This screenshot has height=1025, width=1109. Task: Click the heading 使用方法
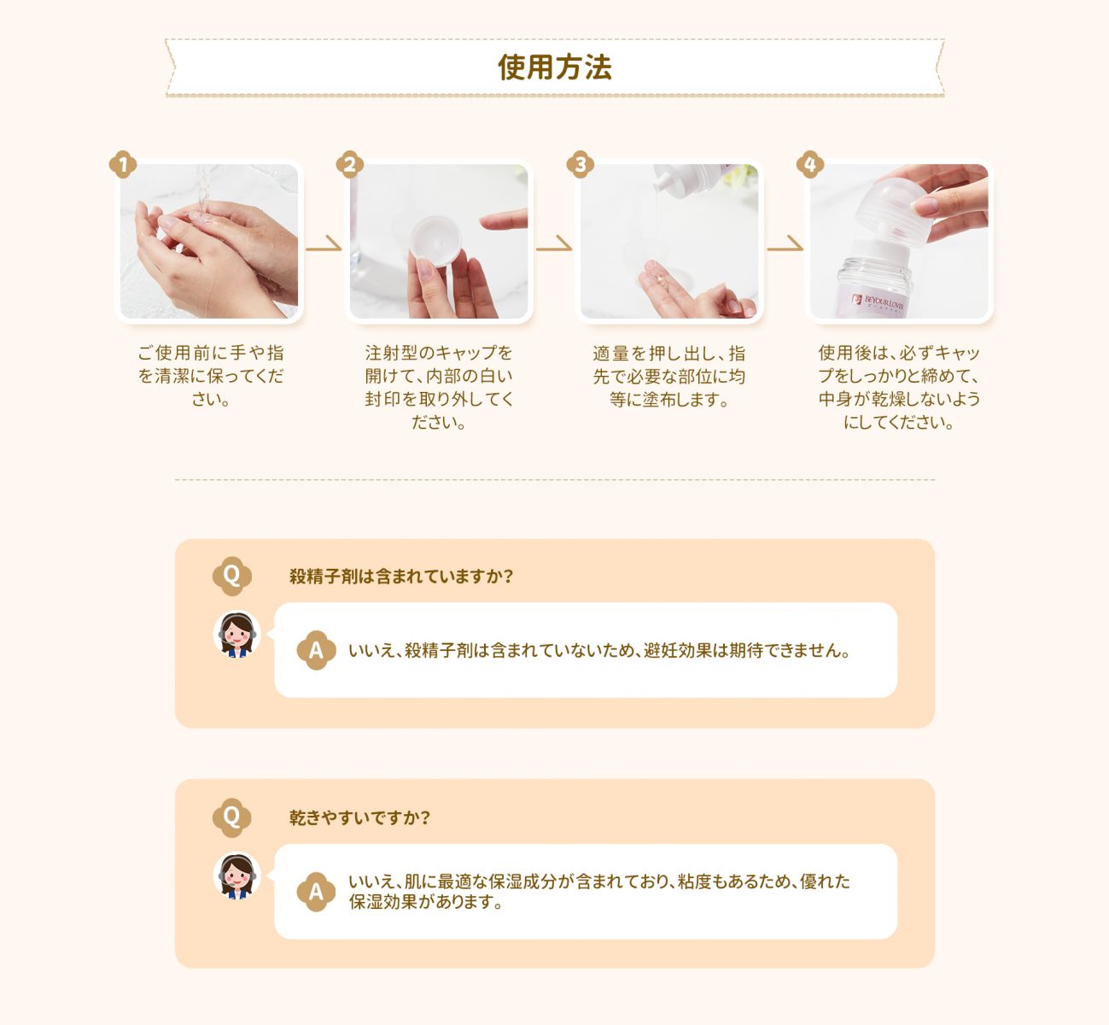[555, 67]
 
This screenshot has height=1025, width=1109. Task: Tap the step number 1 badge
[123, 164]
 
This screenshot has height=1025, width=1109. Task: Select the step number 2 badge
[350, 164]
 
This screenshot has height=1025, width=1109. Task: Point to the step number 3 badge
[581, 164]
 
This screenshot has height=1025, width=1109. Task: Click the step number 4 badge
[810, 164]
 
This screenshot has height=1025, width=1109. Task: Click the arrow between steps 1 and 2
[324, 243]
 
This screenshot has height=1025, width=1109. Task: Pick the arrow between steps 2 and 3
[554, 243]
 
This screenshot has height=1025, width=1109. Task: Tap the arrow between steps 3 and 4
[785, 243]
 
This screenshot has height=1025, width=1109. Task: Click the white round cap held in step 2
[435, 241]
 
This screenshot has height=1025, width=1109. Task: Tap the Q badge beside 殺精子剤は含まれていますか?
[231, 576]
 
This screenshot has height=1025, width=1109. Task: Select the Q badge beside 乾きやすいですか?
[231, 817]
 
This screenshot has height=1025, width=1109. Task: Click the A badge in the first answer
[316, 650]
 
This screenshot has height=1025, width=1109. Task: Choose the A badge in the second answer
[316, 892]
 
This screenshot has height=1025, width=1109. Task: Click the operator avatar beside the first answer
[236, 634]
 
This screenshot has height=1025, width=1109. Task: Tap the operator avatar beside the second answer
[236, 876]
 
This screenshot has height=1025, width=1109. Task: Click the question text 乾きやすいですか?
[359, 818]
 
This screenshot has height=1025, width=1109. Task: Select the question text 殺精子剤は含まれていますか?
[401, 577]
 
